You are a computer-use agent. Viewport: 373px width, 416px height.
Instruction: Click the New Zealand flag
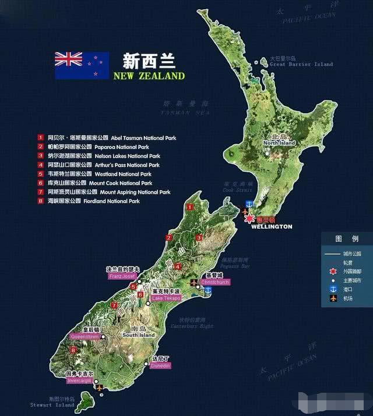pos(82,65)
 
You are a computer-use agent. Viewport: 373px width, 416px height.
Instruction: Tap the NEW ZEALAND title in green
pos(149,76)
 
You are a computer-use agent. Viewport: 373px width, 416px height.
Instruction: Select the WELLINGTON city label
pos(271,226)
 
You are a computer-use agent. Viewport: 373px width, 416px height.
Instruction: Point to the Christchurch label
pos(215,282)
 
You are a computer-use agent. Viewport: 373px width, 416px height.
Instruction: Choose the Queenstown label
pos(85,336)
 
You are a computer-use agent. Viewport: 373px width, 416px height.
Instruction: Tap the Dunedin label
pos(160,366)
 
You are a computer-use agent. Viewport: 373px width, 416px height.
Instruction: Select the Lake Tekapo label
pos(166,298)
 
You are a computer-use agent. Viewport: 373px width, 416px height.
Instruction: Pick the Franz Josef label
pos(122,276)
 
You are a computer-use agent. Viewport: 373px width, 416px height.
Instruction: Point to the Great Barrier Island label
pos(301,64)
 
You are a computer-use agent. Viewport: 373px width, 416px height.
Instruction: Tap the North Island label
pos(279,143)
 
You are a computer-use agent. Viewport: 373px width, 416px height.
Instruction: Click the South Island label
pos(138,335)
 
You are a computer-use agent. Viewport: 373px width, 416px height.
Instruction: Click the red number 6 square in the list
pos(41,183)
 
